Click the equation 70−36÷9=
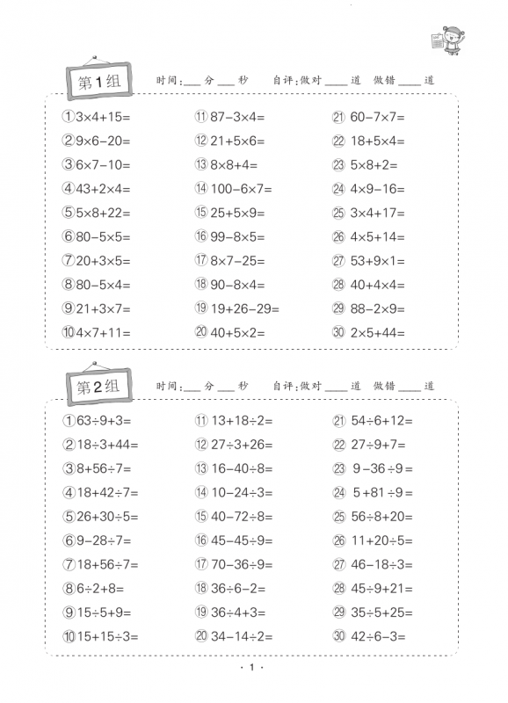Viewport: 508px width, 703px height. coord(235,564)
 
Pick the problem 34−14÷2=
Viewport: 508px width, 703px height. coord(235,636)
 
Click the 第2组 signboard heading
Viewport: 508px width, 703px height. coord(98,388)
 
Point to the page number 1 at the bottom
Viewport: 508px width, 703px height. coord(251,670)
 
